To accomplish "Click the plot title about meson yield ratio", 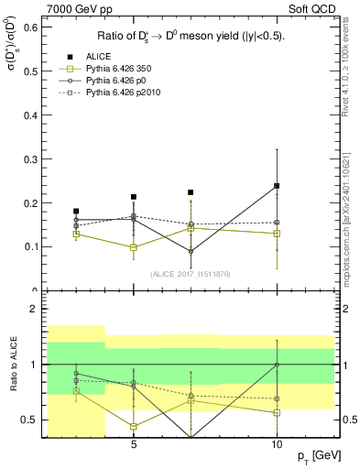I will point(190,38).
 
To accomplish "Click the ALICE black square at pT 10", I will point(277,186).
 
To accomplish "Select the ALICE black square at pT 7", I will point(191,192).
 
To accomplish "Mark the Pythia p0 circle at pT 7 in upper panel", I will point(191,251).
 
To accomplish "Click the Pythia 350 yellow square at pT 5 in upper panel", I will point(134,247).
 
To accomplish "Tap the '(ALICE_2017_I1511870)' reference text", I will point(190,274).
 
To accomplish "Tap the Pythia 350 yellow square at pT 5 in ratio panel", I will point(134,426).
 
